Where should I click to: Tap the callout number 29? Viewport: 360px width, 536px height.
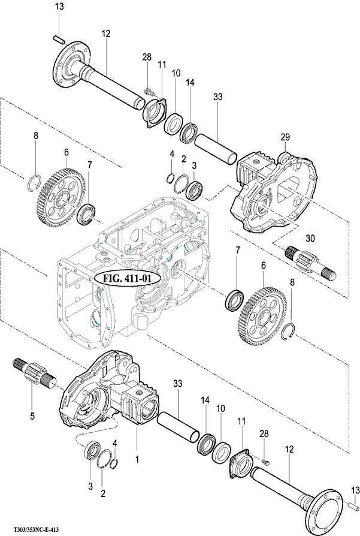point(285,137)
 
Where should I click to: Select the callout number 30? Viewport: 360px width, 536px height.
point(310,238)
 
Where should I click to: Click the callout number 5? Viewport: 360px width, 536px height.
point(32,416)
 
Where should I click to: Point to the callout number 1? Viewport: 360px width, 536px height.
point(137,459)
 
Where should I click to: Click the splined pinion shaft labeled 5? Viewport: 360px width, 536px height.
point(34,374)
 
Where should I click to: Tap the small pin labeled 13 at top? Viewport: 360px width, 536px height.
point(59,39)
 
